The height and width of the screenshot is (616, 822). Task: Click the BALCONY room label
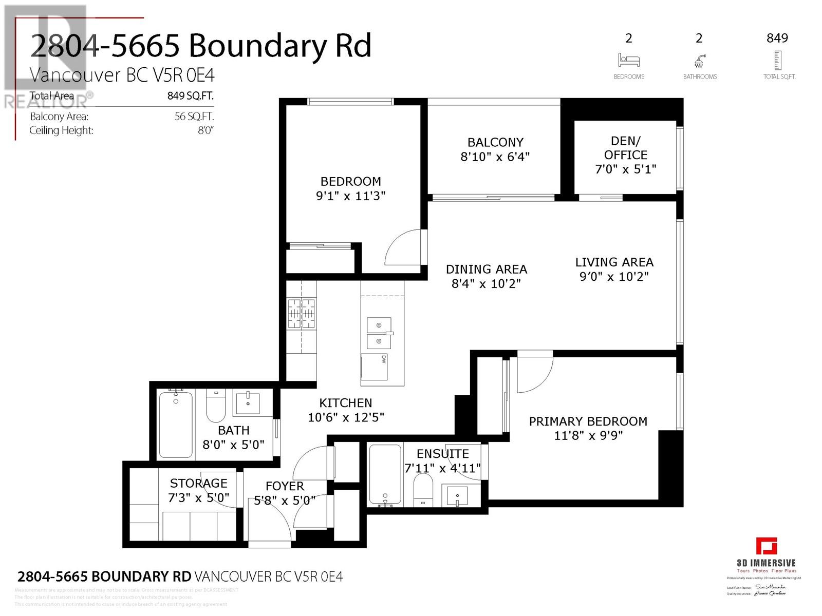pos(495,142)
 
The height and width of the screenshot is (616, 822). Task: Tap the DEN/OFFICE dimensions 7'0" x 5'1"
pos(625,169)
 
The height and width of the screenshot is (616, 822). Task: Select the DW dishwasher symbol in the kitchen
pos(374,367)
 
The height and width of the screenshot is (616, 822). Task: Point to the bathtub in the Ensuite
pos(385,475)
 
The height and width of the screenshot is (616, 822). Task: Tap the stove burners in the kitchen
pos(302,313)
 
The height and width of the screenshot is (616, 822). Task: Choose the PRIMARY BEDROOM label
pos(588,421)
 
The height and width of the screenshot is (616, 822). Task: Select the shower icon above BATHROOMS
pos(699,61)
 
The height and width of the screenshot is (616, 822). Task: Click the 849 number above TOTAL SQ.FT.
pos(777,38)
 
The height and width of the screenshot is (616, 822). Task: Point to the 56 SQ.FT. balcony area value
pos(194,117)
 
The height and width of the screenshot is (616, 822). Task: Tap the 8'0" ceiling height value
pos(205,130)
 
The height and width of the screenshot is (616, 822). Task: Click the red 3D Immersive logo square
pos(766,546)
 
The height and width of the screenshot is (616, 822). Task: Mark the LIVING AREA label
pos(614,262)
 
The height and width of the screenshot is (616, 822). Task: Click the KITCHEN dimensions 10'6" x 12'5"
pos(346,418)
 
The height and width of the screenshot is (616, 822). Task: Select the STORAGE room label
pos(198,483)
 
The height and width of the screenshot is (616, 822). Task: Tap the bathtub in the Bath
pos(176,425)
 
